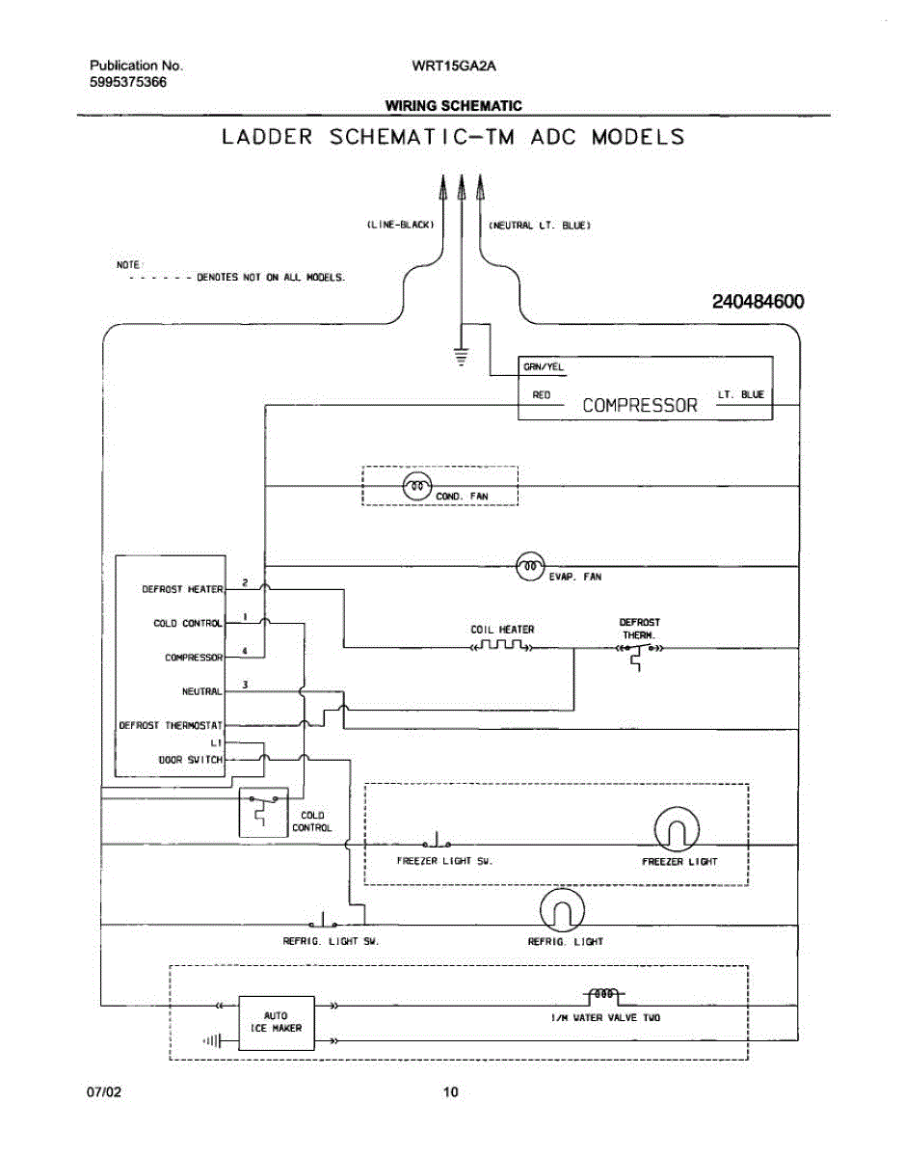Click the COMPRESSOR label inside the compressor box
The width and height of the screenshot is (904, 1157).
pyautogui.click(x=639, y=405)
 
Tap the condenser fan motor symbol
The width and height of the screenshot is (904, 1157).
pyautogui.click(x=416, y=487)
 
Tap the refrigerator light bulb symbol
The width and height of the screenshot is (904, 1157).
pyautogui.click(x=563, y=909)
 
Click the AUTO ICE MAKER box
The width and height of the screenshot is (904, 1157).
pyautogui.click(x=276, y=1022)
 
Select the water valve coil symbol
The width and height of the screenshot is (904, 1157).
pyautogui.click(x=603, y=994)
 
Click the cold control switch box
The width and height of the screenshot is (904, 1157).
pyautogui.click(x=262, y=812)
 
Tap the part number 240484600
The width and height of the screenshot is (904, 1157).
pyautogui.click(x=758, y=302)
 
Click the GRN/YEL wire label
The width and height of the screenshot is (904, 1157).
pyautogui.click(x=543, y=366)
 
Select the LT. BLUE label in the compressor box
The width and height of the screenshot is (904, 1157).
pyautogui.click(x=740, y=394)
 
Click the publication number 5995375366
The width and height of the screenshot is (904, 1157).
pyautogui.click(x=128, y=82)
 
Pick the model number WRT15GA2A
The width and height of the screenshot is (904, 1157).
pyautogui.click(x=446, y=66)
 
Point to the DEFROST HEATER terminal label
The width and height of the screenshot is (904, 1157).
pyautogui.click(x=182, y=588)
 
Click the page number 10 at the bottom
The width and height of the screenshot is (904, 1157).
pyautogui.click(x=450, y=1092)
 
